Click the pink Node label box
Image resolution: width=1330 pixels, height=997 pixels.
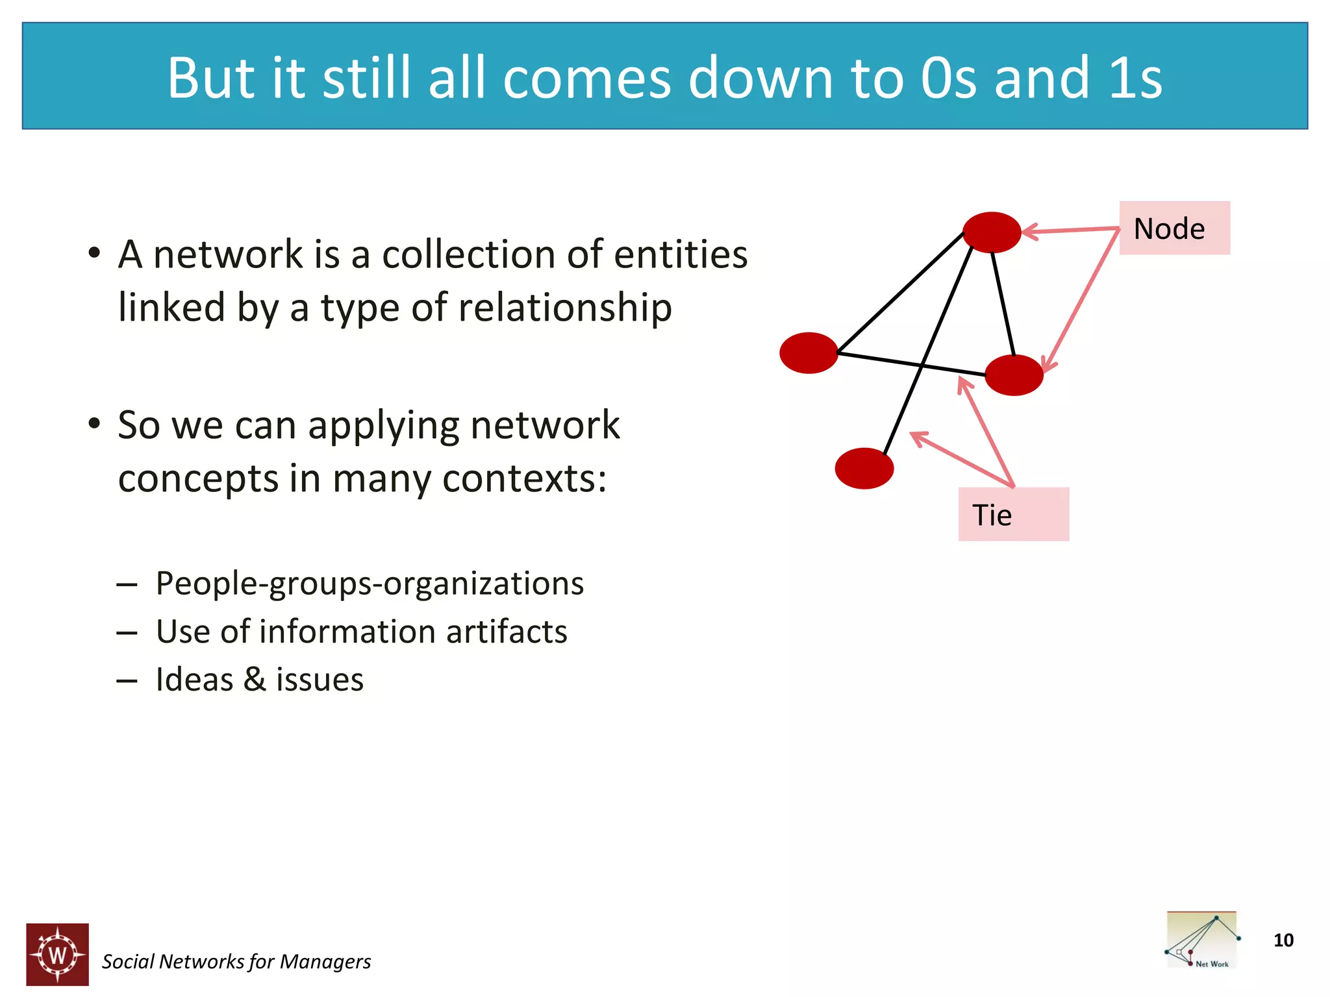(1174, 228)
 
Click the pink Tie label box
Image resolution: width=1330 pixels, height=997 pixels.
(1013, 514)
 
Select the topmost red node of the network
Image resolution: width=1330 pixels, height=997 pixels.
(992, 232)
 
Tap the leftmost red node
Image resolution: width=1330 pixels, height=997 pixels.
(809, 352)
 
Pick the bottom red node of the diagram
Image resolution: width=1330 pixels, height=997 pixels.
(864, 468)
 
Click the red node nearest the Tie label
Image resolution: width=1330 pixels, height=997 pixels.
(1014, 375)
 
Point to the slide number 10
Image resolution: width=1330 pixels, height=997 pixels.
(1283, 940)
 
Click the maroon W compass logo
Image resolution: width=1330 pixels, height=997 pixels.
(57, 954)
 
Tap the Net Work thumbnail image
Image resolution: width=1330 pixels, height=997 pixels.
(1201, 940)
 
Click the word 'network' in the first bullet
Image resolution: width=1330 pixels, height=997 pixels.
(227, 254)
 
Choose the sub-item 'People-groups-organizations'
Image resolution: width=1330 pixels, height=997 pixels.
(370, 583)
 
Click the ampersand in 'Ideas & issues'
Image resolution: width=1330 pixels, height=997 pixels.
(255, 680)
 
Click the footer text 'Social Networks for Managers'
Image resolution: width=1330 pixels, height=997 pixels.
(236, 961)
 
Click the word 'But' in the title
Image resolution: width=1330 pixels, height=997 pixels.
(211, 78)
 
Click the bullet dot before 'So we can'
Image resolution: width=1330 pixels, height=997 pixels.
(94, 424)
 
